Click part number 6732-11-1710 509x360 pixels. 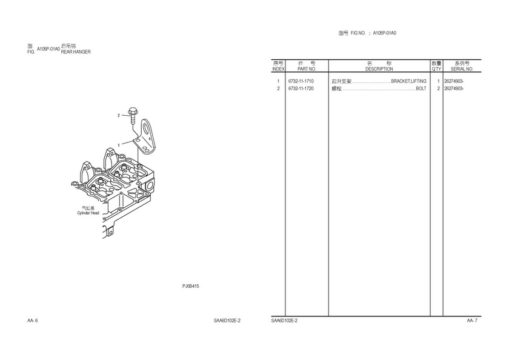point(301,81)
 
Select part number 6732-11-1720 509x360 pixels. point(301,88)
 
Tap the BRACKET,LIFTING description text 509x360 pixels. point(409,81)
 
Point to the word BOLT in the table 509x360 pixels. point(421,88)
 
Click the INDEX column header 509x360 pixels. point(278,66)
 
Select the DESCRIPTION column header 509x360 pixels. point(379,66)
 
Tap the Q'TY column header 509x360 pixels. point(436,66)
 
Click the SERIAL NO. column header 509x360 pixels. point(462,66)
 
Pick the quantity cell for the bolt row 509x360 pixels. point(438,88)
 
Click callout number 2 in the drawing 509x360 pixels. point(119,115)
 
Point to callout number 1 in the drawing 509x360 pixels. point(119,145)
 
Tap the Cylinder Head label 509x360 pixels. point(88,213)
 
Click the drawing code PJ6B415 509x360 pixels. point(191,285)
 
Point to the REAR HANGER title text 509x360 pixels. point(76,52)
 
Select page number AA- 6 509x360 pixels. point(33,320)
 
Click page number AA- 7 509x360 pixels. point(472,320)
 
